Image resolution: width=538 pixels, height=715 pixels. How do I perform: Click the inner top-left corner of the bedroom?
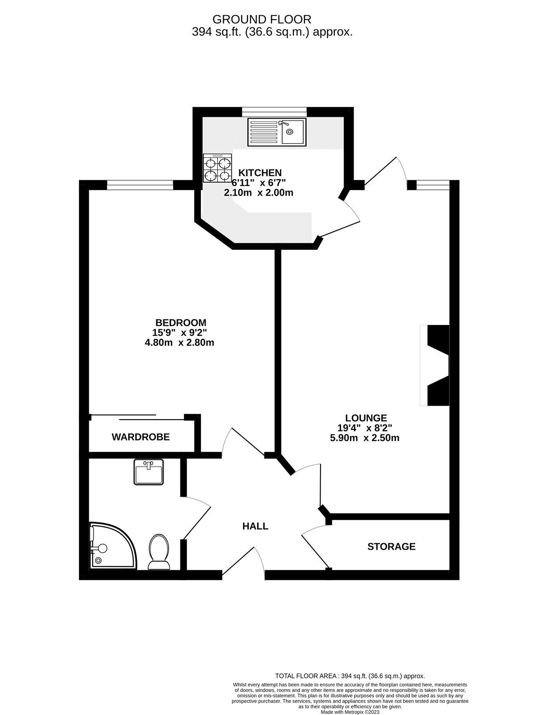click(x=88, y=190)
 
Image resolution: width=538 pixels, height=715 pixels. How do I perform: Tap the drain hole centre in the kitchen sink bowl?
click(x=289, y=131)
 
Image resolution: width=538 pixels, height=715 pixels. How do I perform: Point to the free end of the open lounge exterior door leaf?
click(x=396, y=157)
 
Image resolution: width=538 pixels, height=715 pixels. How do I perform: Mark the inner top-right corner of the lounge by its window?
click(x=450, y=190)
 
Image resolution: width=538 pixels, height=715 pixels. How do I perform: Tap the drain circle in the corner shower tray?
click(x=98, y=560)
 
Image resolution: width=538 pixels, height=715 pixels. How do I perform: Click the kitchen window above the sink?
click(x=275, y=112)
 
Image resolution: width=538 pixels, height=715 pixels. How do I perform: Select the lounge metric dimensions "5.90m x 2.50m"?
click(x=364, y=438)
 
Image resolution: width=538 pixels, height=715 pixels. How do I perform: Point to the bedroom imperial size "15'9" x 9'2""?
click(x=179, y=332)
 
